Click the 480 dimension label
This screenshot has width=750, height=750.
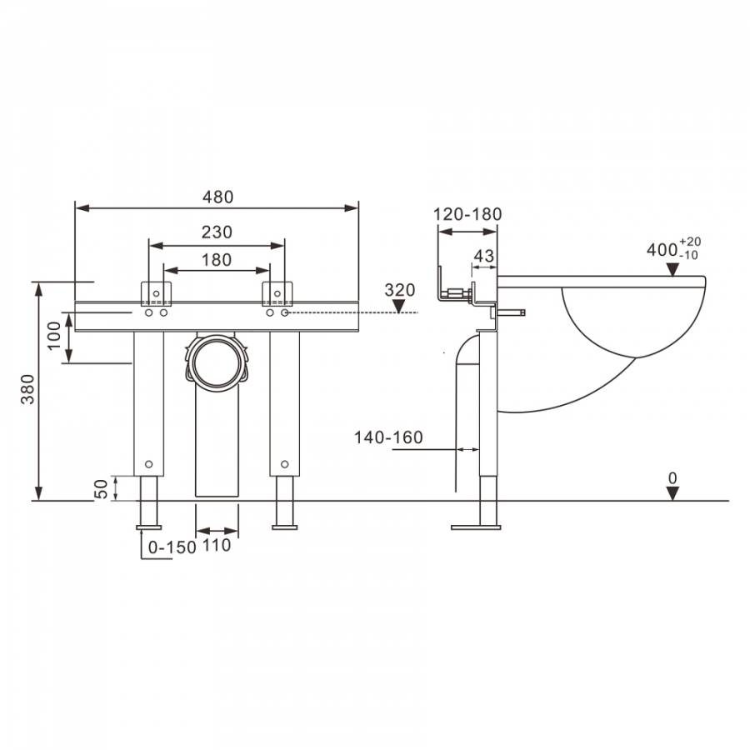click(x=217, y=197)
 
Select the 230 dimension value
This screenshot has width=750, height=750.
click(x=217, y=232)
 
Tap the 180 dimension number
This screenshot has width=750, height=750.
click(x=217, y=260)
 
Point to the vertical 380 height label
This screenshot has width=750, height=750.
click(x=28, y=389)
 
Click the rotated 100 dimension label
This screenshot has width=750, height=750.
click(x=54, y=335)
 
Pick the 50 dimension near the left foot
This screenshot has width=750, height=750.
click(x=102, y=489)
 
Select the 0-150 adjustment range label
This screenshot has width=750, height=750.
click(x=172, y=547)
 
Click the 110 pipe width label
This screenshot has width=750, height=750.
click(x=217, y=545)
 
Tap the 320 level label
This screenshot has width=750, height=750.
click(x=400, y=290)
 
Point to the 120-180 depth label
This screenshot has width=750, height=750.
click(x=467, y=214)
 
